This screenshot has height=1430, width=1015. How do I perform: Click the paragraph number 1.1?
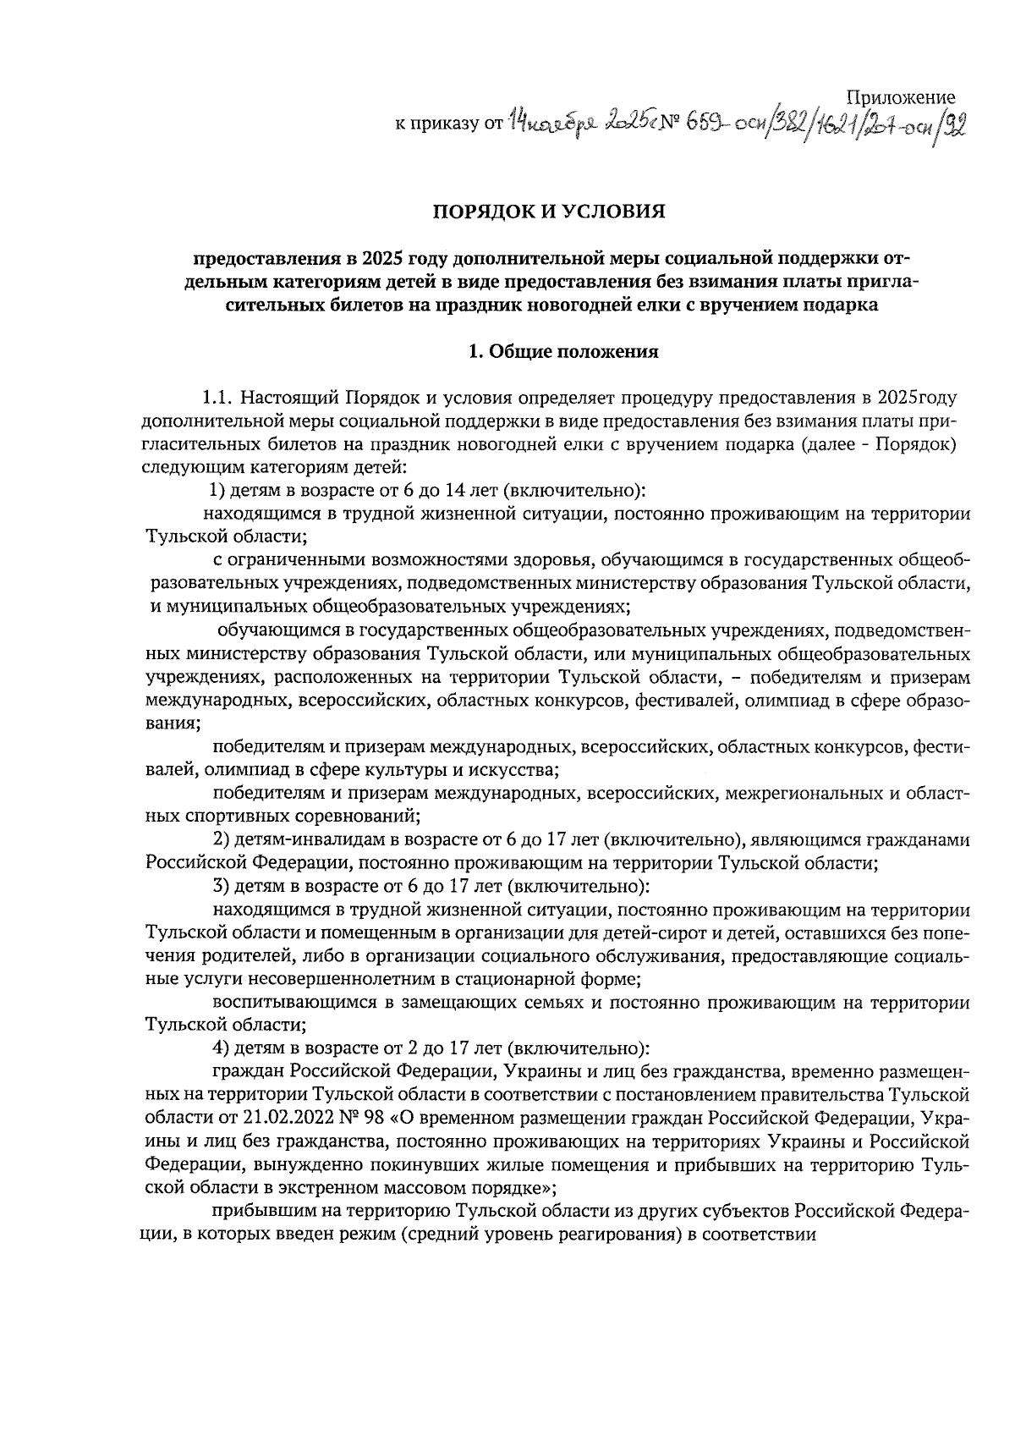[218, 398]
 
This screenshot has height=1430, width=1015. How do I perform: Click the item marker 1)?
[217, 490]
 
